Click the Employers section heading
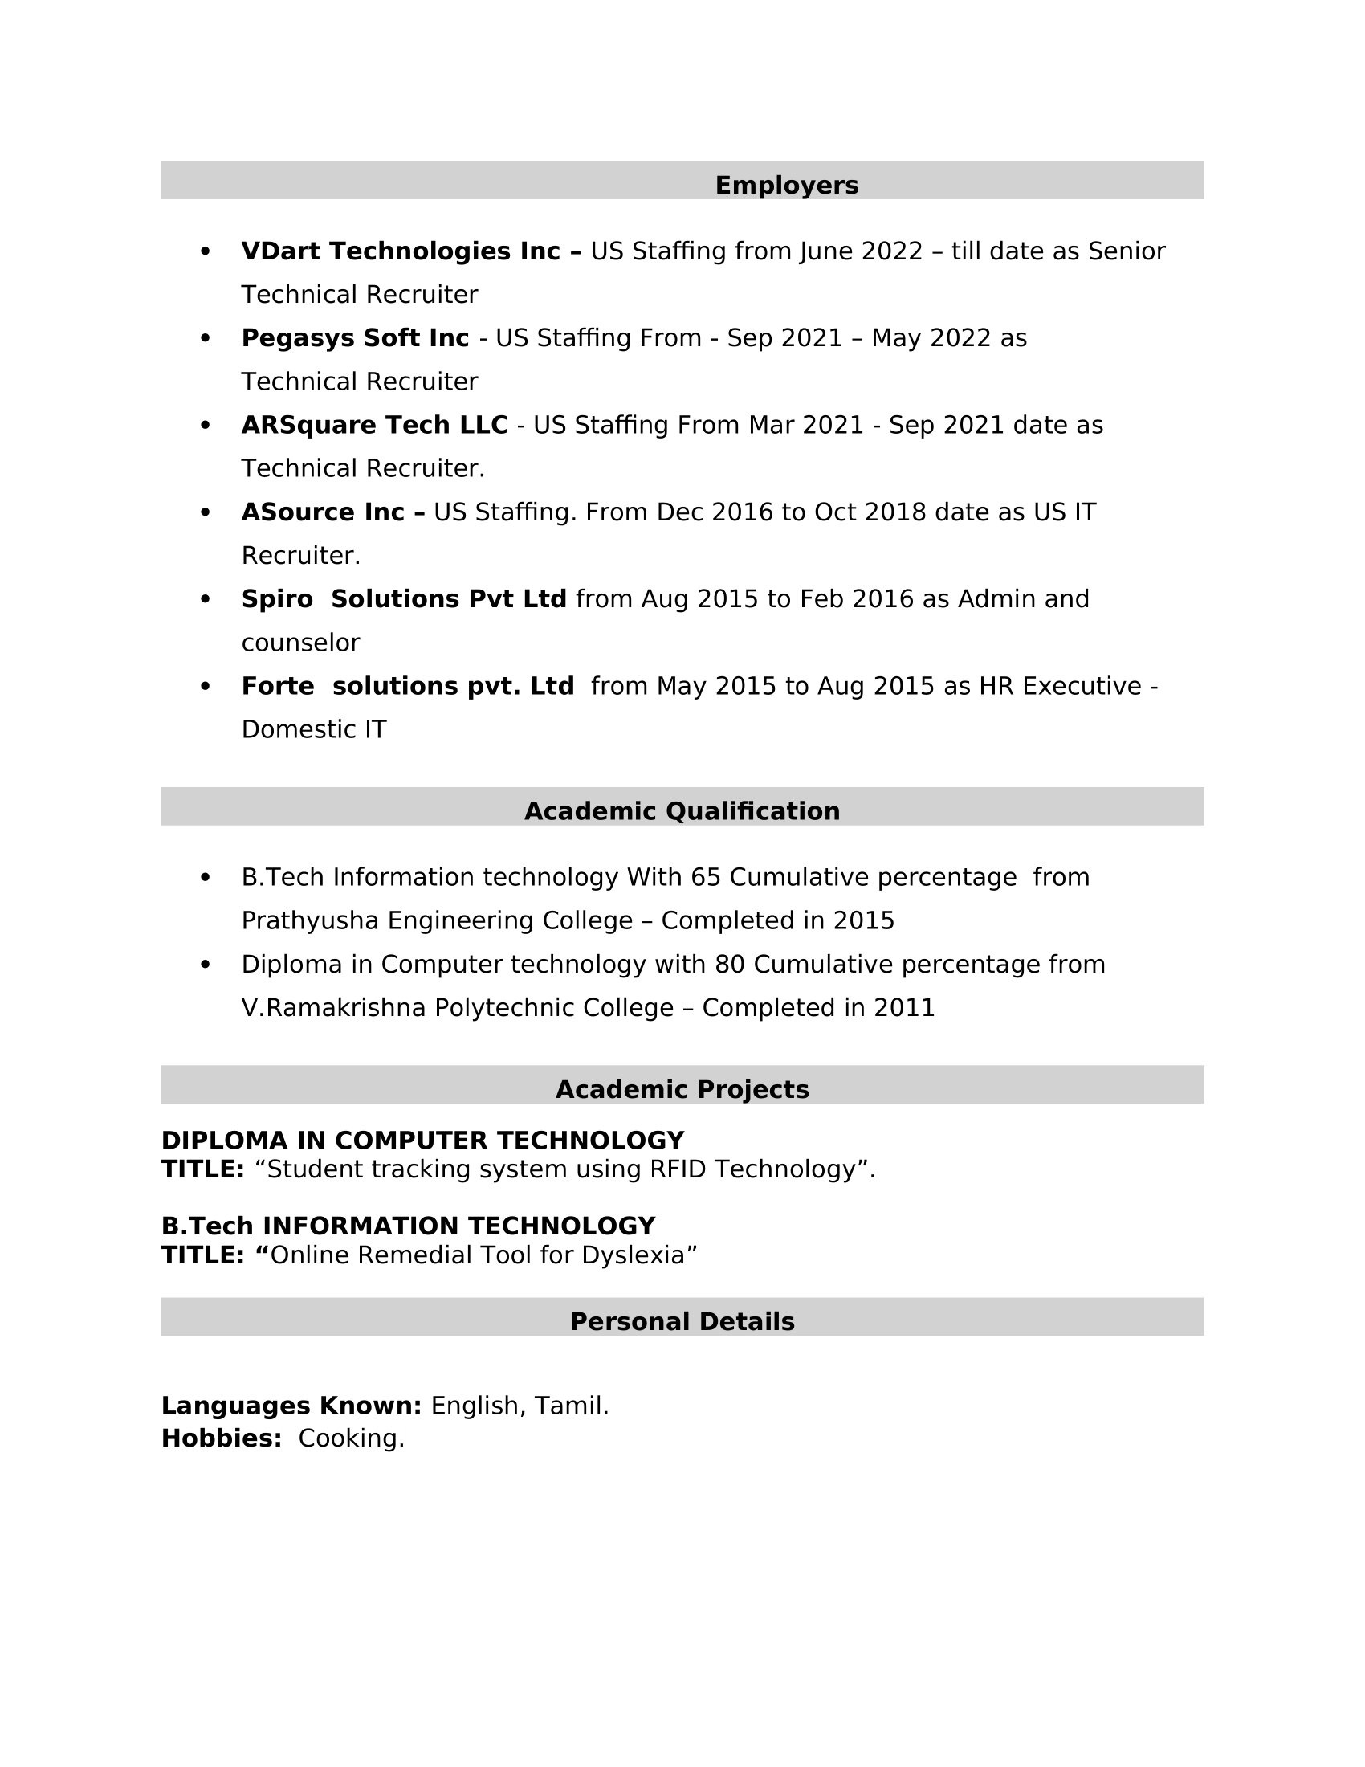786,186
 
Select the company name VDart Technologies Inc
401,251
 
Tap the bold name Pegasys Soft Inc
354,338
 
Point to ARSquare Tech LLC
374,425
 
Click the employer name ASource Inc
323,512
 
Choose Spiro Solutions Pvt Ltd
404,599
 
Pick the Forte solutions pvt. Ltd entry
408,686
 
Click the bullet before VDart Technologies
205,251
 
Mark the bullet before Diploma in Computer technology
205,965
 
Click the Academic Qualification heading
682,811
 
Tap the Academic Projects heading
682,1090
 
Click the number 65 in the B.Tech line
705,878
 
